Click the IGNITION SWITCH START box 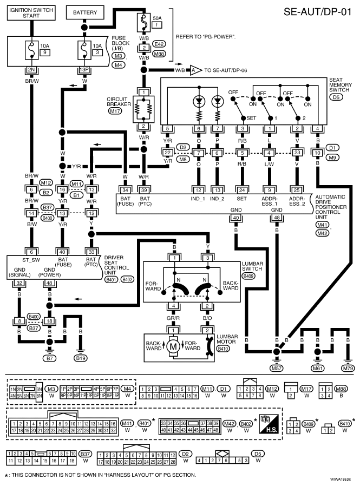(31, 12)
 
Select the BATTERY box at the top (85, 12)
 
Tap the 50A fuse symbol (144, 22)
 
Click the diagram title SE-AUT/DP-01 (318, 12)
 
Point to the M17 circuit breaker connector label (115, 110)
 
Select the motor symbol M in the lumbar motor (173, 346)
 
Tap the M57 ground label (276, 368)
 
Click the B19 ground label (81, 358)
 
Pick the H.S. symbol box (269, 424)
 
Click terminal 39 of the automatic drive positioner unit (144, 191)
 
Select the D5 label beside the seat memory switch (336, 97)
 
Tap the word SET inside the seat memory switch (251, 118)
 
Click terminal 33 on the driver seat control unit (91, 252)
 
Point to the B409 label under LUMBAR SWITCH (248, 275)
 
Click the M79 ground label (348, 368)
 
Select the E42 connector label (159, 44)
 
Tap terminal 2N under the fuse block (31, 70)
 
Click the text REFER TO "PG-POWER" (206, 37)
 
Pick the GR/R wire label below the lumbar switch (173, 318)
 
